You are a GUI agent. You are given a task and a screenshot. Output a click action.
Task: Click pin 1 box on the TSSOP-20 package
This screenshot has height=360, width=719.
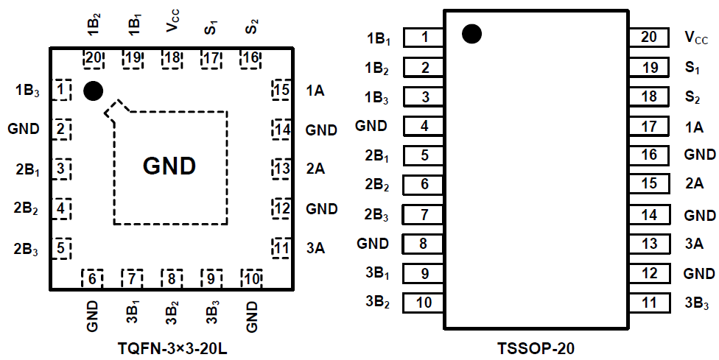point(424,38)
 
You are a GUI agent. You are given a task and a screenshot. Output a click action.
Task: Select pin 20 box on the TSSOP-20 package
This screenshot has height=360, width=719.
point(649,38)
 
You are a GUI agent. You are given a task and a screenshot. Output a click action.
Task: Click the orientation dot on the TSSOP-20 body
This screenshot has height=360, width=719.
point(472,33)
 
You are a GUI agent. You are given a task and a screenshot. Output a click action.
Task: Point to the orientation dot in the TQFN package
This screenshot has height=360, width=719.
point(93,91)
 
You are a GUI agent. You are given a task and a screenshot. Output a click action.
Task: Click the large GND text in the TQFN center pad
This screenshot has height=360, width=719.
point(169,166)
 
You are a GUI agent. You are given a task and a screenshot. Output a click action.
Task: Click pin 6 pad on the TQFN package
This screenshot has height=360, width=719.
point(92,278)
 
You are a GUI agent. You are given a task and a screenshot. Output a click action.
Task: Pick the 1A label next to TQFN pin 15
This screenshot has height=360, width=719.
point(315,91)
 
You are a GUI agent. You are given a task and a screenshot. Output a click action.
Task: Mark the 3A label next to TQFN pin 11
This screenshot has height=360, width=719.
point(315,248)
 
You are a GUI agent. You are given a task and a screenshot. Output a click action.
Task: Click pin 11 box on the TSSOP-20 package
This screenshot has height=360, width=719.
point(649,302)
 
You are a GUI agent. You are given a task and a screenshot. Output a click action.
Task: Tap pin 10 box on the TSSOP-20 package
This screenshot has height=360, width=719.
point(424,302)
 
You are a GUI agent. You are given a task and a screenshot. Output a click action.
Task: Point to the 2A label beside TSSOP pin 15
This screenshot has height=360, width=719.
point(694,184)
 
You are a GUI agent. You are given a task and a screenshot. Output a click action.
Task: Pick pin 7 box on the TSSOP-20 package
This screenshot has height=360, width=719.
point(424,214)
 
